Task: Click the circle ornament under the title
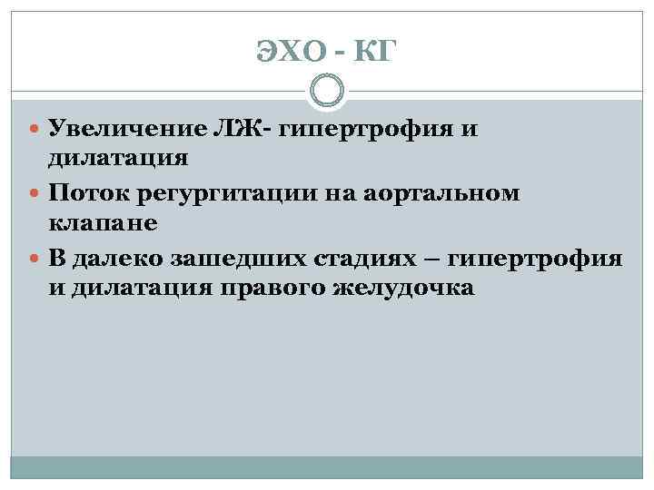click(327, 92)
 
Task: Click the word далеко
click(118, 259)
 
